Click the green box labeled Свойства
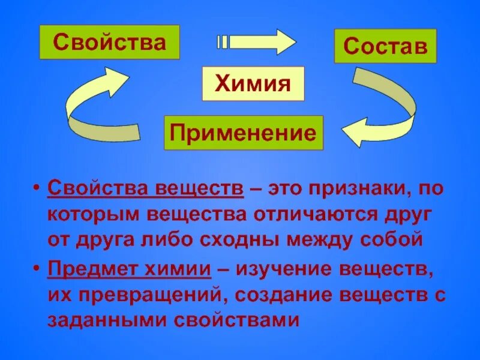(x=109, y=42)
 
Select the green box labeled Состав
(x=385, y=46)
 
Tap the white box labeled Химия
(x=253, y=83)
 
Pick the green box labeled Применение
(x=243, y=133)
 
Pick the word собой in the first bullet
(x=393, y=240)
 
